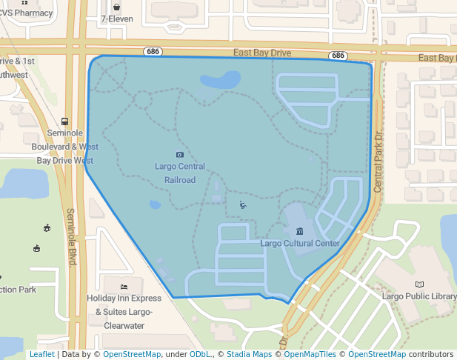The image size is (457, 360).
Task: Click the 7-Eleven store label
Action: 117,19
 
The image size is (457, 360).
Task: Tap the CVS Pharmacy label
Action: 27,13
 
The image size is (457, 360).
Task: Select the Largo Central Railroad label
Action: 180,173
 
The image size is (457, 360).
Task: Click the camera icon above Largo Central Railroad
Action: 180,154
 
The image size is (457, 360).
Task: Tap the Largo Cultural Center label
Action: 300,243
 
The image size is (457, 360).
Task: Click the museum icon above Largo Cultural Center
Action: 299,230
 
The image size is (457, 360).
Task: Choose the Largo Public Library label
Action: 418,296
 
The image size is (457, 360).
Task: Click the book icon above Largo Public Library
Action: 420,284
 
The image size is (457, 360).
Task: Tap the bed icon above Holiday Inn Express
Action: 124,286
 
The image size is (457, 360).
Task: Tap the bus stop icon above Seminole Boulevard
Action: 65,121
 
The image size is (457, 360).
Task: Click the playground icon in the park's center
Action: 243,205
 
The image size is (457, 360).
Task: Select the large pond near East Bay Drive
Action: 220,79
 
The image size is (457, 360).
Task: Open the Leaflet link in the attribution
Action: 41,355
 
